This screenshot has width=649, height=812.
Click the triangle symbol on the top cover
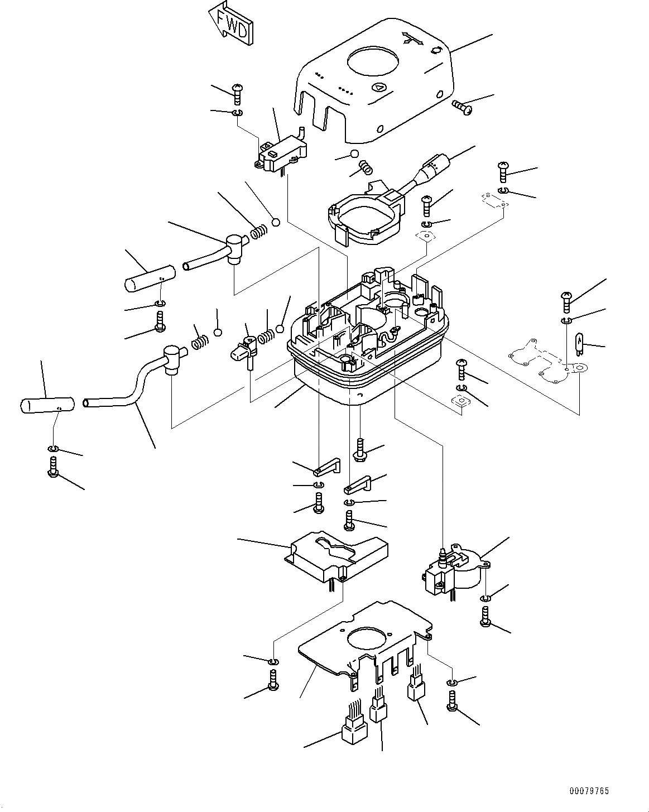pyautogui.click(x=379, y=87)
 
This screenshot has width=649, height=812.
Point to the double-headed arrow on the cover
pyautogui.click(x=413, y=39)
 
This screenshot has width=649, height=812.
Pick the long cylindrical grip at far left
pyautogui.click(x=47, y=405)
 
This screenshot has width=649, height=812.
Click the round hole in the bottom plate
pyautogui.click(x=366, y=639)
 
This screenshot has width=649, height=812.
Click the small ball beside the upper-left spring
pyautogui.click(x=275, y=223)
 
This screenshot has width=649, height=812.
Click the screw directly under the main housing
pyautogui.click(x=360, y=450)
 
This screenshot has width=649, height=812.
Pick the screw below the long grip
pyautogui.click(x=54, y=467)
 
